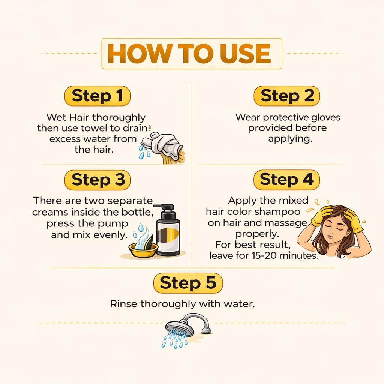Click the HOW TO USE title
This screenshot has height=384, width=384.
[x=189, y=54]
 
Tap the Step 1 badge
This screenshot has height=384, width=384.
[x=97, y=96]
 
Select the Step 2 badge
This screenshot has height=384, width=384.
[x=287, y=96]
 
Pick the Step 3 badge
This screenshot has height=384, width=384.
[x=97, y=180]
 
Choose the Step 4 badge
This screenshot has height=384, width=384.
[x=287, y=180]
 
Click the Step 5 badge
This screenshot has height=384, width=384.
[x=188, y=283]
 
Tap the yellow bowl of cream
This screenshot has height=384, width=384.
[x=143, y=249]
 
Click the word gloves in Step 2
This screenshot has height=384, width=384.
[x=326, y=117]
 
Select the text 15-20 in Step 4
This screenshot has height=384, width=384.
[x=265, y=256]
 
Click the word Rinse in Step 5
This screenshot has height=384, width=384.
[x=123, y=304]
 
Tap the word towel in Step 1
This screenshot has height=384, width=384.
[x=94, y=128]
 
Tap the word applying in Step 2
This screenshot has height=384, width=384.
[x=290, y=139]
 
